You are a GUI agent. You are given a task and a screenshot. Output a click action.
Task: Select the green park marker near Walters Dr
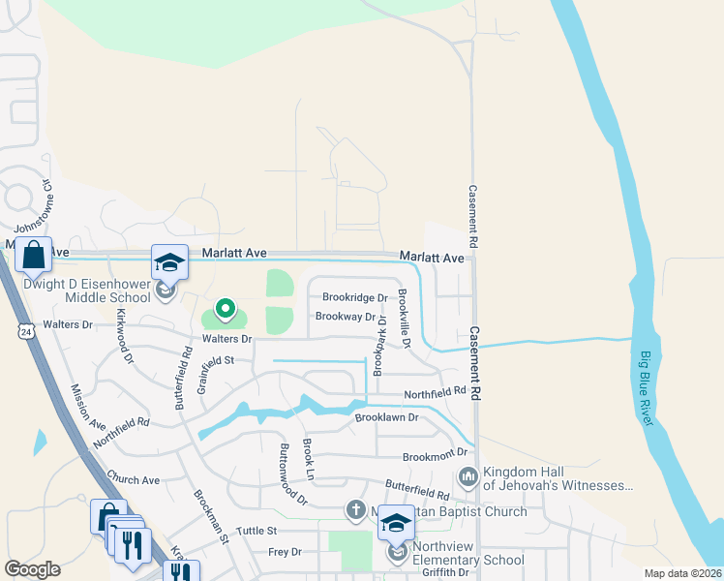(226, 309)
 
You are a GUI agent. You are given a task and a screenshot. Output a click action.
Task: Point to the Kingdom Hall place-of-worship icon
(468, 476)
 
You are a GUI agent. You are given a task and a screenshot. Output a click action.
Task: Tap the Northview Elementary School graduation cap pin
(395, 524)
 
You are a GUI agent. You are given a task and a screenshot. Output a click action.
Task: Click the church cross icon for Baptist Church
(355, 510)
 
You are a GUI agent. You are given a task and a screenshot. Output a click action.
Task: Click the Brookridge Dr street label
(354, 298)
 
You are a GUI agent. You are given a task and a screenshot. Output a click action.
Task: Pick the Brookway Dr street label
(344, 317)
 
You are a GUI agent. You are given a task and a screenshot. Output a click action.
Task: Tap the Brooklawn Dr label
(385, 417)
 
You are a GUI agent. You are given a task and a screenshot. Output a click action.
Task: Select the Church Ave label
(134, 479)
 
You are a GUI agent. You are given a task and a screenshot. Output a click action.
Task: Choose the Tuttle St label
(256, 531)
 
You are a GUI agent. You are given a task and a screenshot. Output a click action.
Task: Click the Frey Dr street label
(285, 552)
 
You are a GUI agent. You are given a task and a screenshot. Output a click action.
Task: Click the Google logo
(32, 569)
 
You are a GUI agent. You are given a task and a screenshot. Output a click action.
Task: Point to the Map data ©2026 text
(682, 573)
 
